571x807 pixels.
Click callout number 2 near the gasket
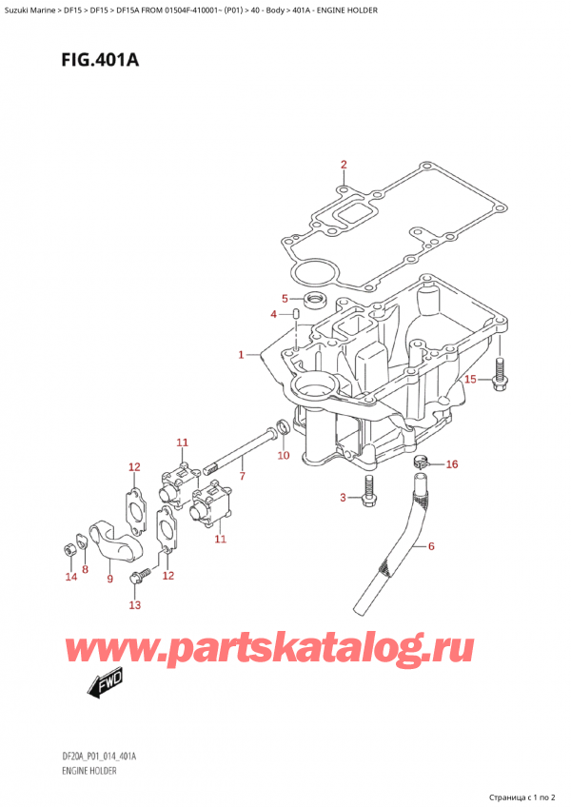click(345, 165)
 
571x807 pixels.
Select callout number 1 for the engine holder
click(242, 355)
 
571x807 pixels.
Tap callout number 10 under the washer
click(283, 456)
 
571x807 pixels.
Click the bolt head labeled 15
click(499, 382)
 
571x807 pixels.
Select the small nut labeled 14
click(69, 549)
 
